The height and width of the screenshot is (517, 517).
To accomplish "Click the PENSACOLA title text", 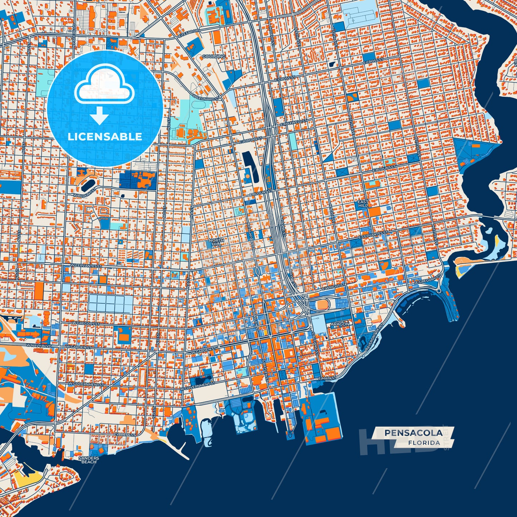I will [x=413, y=433].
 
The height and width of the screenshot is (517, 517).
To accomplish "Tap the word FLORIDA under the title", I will [x=424, y=443].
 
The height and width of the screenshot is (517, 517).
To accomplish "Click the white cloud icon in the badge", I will [x=104, y=87].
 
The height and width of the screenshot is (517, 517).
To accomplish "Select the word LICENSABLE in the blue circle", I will [x=105, y=137].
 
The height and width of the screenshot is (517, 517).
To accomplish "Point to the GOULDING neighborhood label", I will [x=214, y=57].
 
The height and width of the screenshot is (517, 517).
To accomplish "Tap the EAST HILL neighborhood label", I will [x=363, y=204].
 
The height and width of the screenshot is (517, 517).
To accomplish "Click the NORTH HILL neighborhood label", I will [x=216, y=242].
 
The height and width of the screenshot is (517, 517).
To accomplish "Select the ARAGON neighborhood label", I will [x=340, y=324].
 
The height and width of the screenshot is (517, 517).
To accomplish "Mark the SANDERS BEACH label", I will [x=88, y=460].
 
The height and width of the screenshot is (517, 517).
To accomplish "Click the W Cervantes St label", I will [x=87, y=266].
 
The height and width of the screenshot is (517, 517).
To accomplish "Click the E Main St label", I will [x=327, y=378].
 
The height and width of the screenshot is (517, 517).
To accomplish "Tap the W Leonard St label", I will [x=206, y=98].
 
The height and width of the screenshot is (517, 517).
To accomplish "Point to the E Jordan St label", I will [x=250, y=140].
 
